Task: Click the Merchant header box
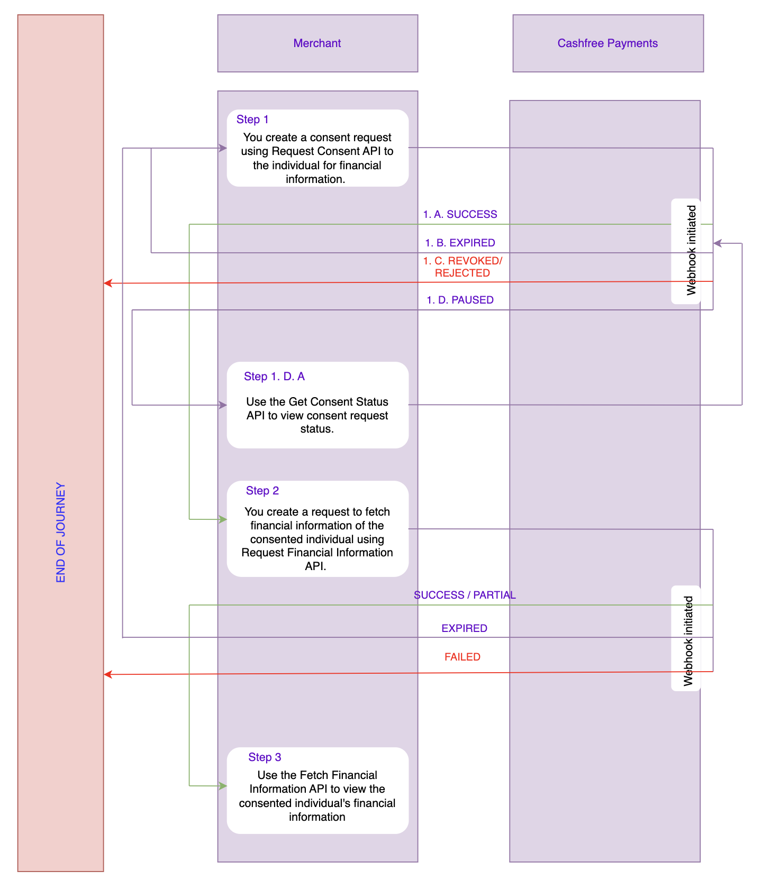pyautogui.click(x=317, y=43)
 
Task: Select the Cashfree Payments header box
pyautogui.click(x=607, y=43)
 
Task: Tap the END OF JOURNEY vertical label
pyautogui.click(x=61, y=532)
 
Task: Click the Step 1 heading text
pyautogui.click(x=252, y=120)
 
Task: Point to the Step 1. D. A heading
pyautogui.click(x=274, y=377)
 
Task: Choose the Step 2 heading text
pyautogui.click(x=262, y=491)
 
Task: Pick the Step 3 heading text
pyautogui.click(x=265, y=757)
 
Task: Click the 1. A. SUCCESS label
pyautogui.click(x=460, y=214)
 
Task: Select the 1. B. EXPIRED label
pyautogui.click(x=460, y=243)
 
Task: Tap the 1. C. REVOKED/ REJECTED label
pyautogui.click(x=462, y=267)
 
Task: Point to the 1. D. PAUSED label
pyautogui.click(x=460, y=300)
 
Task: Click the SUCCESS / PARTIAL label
pyautogui.click(x=465, y=595)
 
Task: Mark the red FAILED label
pyautogui.click(x=462, y=657)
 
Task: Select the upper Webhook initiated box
pyautogui.click(x=686, y=251)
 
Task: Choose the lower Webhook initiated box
pyautogui.click(x=686, y=638)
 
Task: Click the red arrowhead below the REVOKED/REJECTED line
pyautogui.click(x=107, y=283)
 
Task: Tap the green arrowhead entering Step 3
pyautogui.click(x=223, y=786)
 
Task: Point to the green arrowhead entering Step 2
pyautogui.click(x=223, y=519)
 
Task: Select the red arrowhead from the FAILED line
pyautogui.click(x=107, y=674)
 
